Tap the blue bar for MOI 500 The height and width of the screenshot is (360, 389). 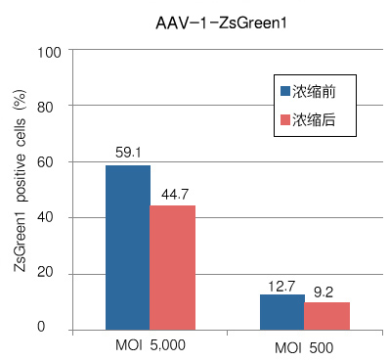[x=281, y=311]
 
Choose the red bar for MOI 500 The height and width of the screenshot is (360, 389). [x=326, y=315]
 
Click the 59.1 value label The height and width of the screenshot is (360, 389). [x=128, y=153]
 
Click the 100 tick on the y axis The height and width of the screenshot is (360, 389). [x=48, y=51]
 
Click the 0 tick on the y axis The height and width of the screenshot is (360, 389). [x=55, y=328]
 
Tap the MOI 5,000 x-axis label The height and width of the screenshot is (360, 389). [x=149, y=345]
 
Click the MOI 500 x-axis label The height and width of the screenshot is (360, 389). [x=303, y=345]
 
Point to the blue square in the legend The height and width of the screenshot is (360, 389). [x=286, y=91]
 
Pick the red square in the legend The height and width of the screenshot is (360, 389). [x=286, y=118]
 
